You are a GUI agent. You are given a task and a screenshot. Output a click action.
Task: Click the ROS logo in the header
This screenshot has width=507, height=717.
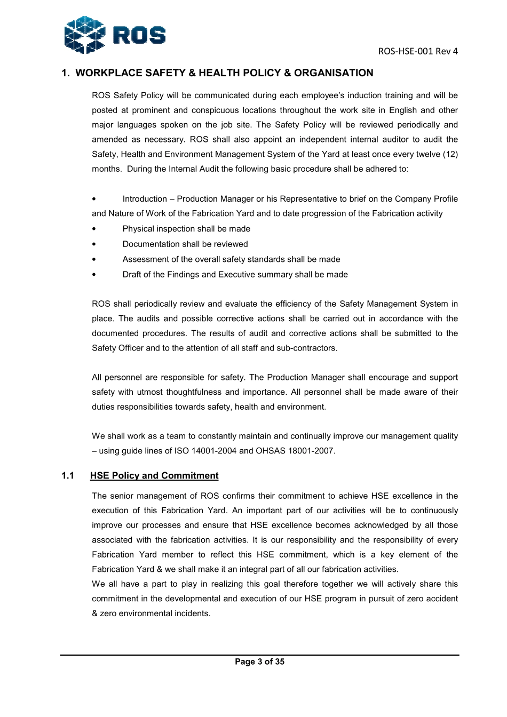114,35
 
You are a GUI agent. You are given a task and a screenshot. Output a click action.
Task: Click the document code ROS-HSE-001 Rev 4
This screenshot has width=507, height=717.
418,52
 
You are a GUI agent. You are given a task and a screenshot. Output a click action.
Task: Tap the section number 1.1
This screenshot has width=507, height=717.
68,476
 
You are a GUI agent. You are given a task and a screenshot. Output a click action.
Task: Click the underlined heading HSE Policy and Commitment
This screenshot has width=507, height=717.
154,476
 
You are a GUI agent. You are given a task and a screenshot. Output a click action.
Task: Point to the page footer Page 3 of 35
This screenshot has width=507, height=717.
260,662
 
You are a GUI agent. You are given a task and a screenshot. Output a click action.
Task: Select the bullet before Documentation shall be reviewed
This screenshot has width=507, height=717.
94,244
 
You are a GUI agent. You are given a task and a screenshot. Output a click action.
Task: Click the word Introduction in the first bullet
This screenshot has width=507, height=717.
145,199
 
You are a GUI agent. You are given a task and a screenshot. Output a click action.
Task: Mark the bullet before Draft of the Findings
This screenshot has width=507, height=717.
94,275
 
